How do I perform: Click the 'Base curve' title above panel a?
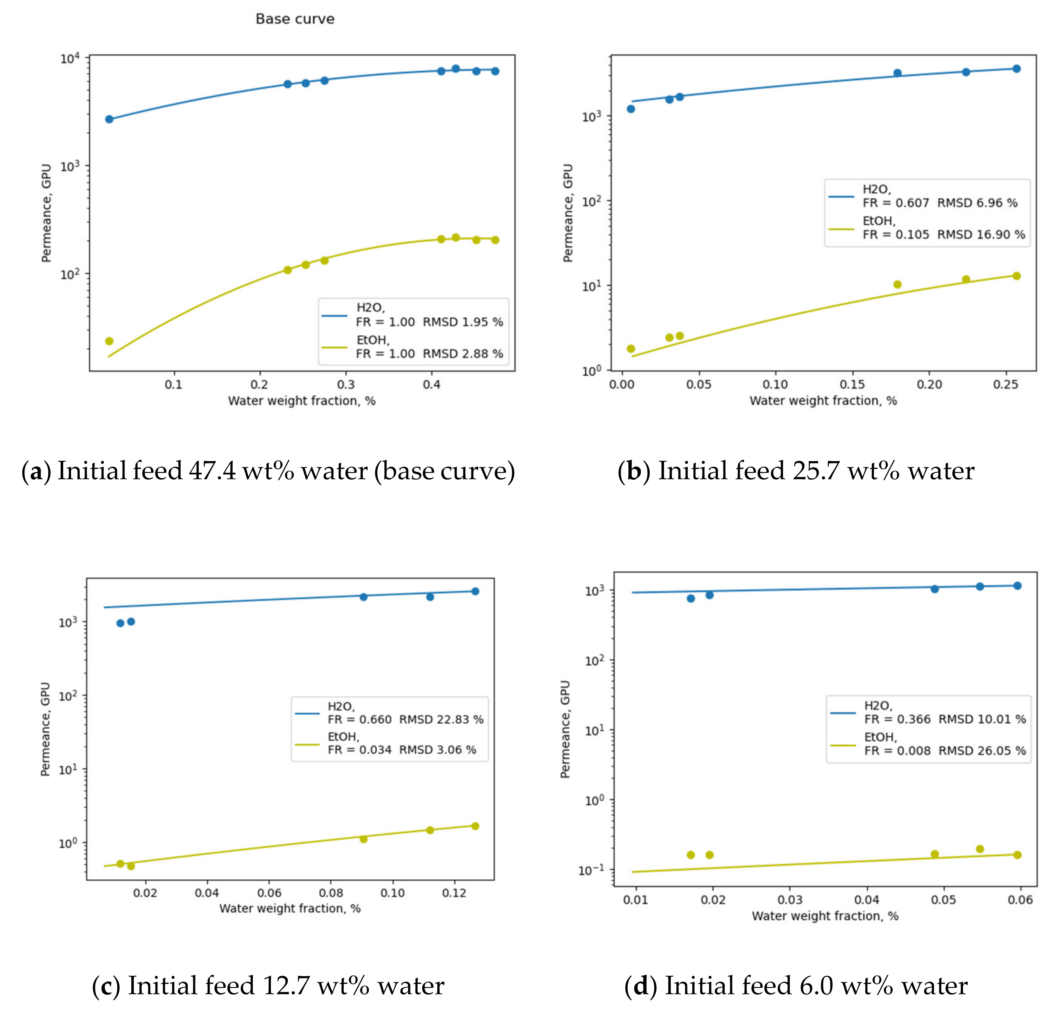pos(295,19)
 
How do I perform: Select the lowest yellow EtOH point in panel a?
pos(109,341)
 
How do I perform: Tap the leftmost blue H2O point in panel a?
pos(109,119)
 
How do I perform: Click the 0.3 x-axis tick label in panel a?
pos(346,384)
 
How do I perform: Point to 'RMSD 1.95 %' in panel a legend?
pos(463,322)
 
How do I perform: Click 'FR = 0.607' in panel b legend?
pos(895,203)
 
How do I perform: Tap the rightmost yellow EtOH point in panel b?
pos(1016,276)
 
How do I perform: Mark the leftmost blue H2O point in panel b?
pos(631,109)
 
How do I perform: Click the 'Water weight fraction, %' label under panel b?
pos(823,401)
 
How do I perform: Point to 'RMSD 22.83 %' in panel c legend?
pos(441,719)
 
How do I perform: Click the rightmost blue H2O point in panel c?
pos(475,591)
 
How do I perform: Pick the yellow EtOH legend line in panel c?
pos(307,744)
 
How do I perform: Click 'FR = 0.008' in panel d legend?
pos(897,750)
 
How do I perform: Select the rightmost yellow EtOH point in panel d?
pos(1017,855)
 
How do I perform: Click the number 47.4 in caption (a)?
pos(212,471)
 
